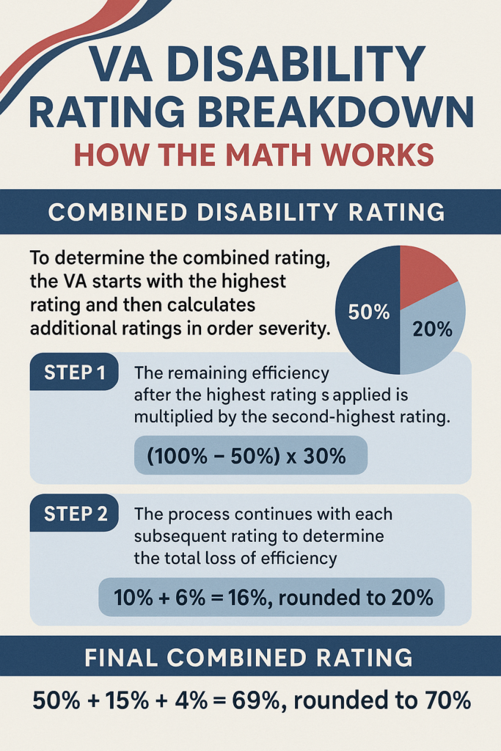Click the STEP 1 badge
point(73,371)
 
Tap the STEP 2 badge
point(73,514)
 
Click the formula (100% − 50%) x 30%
point(246,457)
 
